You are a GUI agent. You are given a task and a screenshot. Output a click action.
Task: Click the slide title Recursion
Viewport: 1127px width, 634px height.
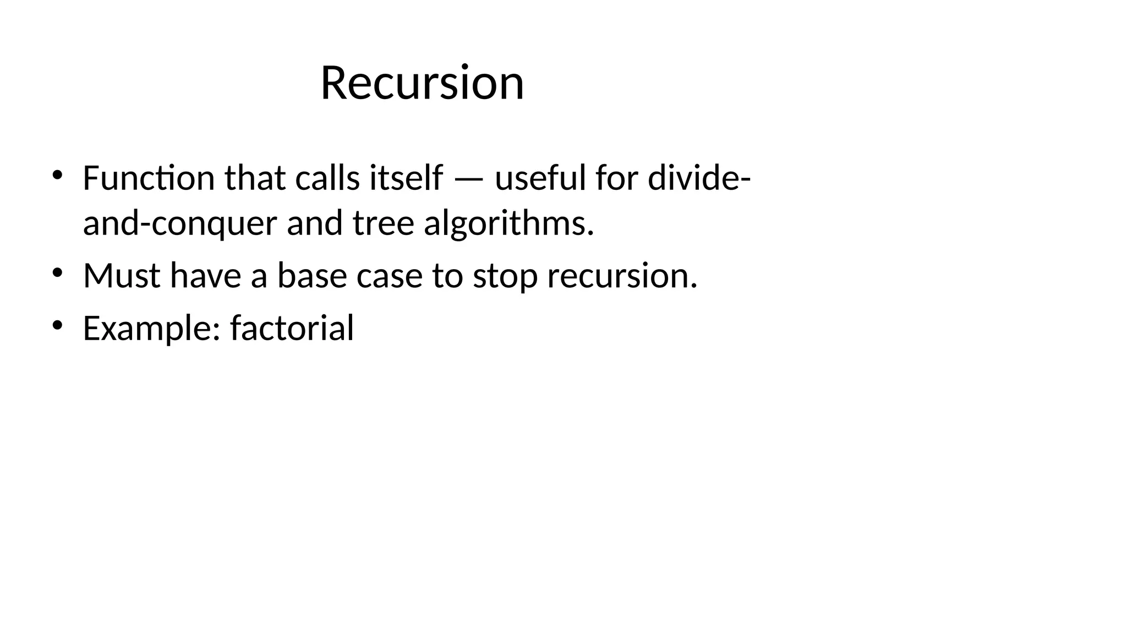pos(422,83)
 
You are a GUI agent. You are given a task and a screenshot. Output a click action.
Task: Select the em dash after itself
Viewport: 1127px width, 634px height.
pos(469,179)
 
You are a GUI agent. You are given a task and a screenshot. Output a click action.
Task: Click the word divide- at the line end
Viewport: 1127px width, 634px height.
pos(699,178)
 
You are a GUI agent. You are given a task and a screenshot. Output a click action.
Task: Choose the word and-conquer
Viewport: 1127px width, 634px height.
pos(180,224)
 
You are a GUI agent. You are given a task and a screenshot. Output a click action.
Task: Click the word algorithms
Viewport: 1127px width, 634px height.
pos(509,224)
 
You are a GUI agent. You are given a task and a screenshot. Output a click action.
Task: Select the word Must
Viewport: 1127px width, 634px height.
pos(122,275)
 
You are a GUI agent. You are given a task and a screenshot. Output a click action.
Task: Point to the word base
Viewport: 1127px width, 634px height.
pos(311,275)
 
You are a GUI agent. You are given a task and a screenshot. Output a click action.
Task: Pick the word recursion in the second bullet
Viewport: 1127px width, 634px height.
pos(622,275)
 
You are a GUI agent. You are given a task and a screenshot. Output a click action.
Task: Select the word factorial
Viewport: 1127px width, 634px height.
pos(292,328)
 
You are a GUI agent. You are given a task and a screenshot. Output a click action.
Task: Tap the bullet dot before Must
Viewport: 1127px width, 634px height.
pos(57,273)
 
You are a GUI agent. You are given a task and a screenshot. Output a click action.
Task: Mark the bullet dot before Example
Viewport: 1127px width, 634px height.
pos(57,326)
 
